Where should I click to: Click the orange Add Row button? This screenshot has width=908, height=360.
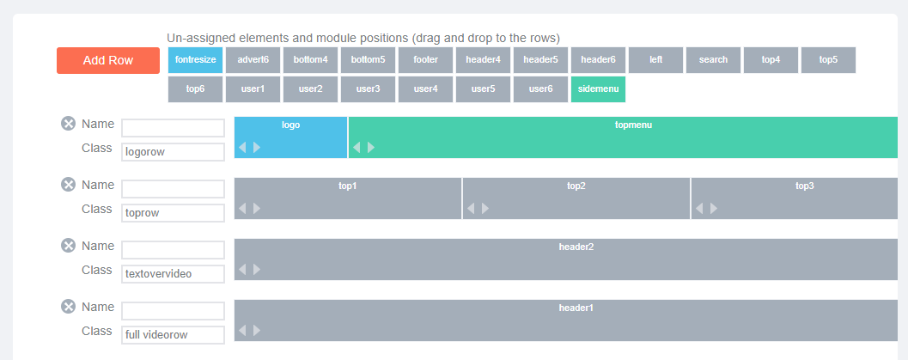(x=108, y=60)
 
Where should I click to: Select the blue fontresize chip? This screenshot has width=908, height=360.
(x=195, y=59)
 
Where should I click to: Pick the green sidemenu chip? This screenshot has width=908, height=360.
(x=598, y=89)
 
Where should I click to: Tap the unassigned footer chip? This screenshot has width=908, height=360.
(x=425, y=59)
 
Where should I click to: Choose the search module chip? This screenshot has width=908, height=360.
(x=713, y=59)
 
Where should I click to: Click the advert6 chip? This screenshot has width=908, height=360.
(x=253, y=59)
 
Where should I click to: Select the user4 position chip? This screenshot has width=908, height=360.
(x=425, y=89)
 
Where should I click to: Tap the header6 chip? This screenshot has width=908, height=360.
(x=598, y=59)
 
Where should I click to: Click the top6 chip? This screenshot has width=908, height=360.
(x=195, y=89)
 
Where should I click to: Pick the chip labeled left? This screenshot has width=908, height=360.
(x=656, y=59)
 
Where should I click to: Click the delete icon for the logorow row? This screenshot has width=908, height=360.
(x=69, y=124)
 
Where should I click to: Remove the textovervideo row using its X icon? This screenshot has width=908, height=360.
(x=69, y=246)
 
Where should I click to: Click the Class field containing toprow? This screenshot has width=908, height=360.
(x=173, y=213)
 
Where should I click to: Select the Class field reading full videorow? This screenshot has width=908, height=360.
(x=173, y=335)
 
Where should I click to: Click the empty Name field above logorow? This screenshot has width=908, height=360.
(x=173, y=128)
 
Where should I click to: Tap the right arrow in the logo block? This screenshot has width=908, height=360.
(x=257, y=148)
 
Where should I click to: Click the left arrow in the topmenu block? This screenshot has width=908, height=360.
(x=356, y=148)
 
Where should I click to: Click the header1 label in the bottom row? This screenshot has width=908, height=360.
(x=576, y=308)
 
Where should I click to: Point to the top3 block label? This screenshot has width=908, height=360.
(x=804, y=186)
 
